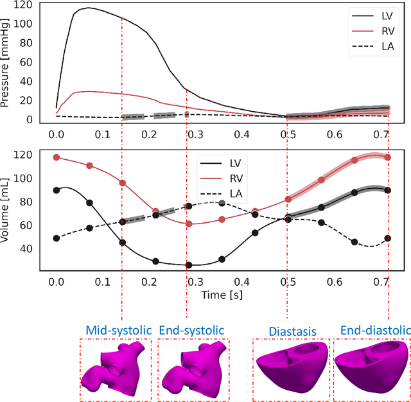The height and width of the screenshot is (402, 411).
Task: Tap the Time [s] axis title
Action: (218, 296)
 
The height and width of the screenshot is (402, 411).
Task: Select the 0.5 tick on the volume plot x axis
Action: (288, 282)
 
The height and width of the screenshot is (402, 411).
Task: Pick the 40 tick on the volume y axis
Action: (29, 248)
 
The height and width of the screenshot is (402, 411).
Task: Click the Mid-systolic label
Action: (116, 330)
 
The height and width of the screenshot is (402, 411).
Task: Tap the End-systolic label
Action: (191, 330)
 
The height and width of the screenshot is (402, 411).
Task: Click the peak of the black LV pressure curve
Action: (88, 8)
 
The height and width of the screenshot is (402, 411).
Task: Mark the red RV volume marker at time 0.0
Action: (57, 157)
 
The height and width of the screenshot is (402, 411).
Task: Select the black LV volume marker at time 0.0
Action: (57, 190)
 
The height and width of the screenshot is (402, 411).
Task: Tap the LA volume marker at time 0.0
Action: (57, 238)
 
